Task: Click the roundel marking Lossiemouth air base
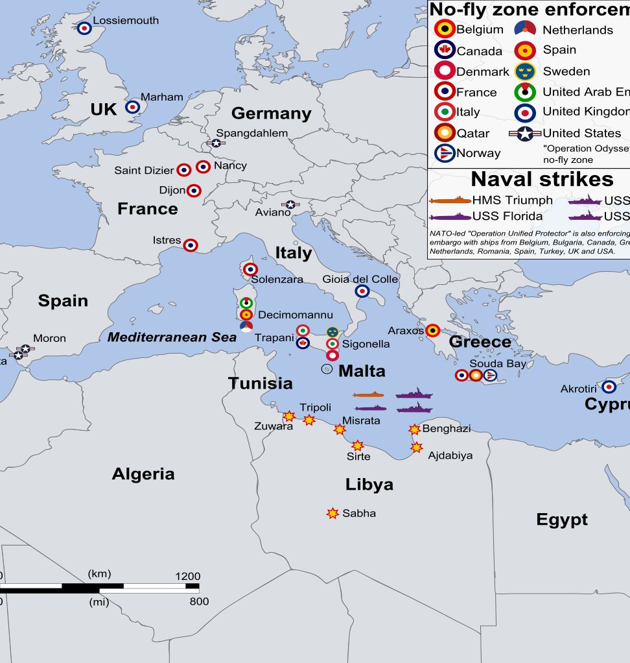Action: pos(84,28)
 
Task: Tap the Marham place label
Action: pos(162,97)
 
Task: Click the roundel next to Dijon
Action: pos(194,191)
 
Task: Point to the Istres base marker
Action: pos(191,245)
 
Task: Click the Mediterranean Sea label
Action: pos(172,337)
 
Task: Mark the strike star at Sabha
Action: pos(332,513)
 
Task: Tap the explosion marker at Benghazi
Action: pos(414,429)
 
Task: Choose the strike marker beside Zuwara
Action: pos(289,416)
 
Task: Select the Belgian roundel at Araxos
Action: pos(432,331)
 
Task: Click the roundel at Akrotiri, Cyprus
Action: pos(608,387)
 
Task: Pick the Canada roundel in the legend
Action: pos(445,51)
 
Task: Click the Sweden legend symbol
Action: pos(525,71)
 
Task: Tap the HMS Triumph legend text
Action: pos(512,200)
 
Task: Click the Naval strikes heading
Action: pos(542,179)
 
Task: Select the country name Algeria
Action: pos(143,474)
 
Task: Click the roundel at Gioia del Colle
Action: pos(362,291)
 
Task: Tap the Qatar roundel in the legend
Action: pos(445,133)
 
